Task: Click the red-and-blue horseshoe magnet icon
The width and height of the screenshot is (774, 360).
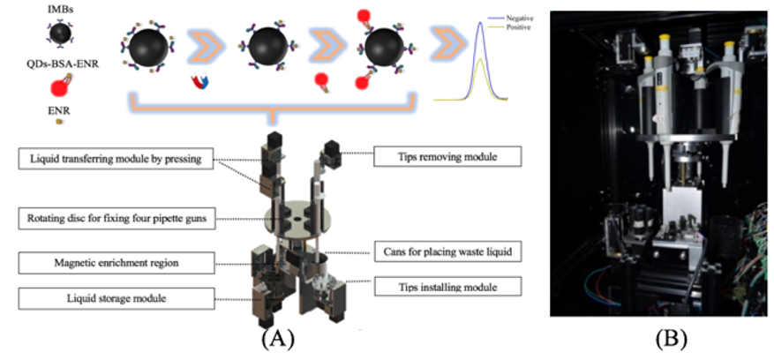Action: tap(202, 81)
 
